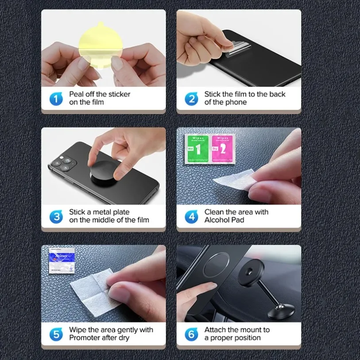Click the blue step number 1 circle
click(x=56, y=98)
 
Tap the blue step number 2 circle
click(x=191, y=98)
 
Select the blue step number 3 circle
click(x=56, y=216)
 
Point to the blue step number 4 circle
click(x=191, y=216)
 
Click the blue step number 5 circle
click(x=56, y=334)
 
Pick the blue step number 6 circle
click(x=191, y=334)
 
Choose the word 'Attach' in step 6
click(x=216, y=330)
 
